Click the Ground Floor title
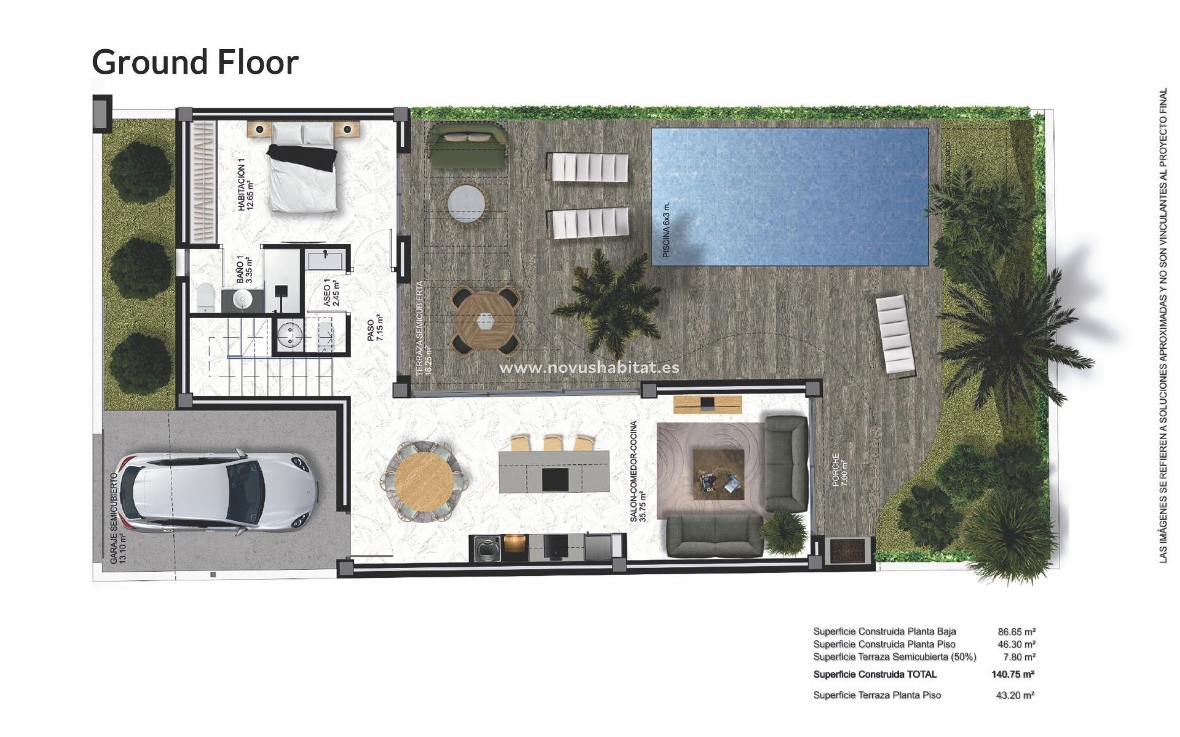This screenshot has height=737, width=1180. [x=195, y=62]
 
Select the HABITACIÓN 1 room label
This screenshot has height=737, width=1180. [x=245, y=184]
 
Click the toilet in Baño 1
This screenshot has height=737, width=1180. [x=206, y=297]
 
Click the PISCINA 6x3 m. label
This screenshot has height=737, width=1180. [x=666, y=229]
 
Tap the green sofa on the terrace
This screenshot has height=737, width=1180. [x=466, y=146]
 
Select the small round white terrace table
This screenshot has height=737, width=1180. [x=466, y=204]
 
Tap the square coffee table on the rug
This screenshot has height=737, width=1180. [x=718, y=474]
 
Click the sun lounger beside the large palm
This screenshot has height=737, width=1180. [x=895, y=335]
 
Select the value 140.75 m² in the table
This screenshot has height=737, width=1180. [x=1012, y=674]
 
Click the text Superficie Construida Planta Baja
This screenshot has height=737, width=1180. [x=884, y=631]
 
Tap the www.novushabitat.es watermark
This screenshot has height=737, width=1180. [x=589, y=367]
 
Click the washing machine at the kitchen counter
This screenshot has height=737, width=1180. [x=486, y=548]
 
